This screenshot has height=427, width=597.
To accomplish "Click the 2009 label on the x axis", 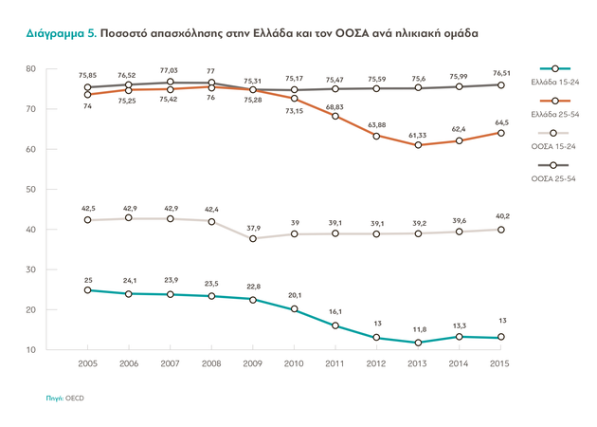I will [x=252, y=363].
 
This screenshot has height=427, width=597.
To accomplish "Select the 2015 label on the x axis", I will [x=501, y=363].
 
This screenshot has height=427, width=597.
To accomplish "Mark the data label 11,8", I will [x=418, y=330].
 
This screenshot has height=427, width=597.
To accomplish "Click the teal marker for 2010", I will [x=294, y=309].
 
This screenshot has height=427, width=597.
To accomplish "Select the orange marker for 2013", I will [x=418, y=145].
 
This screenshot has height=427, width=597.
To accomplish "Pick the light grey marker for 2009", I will [x=252, y=238].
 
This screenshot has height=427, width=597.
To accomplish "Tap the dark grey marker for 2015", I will [x=501, y=84].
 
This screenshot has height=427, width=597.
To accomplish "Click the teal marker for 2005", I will [x=86, y=289].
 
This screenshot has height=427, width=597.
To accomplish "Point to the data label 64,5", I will [x=502, y=121].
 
